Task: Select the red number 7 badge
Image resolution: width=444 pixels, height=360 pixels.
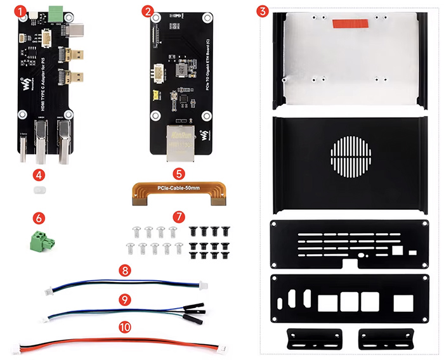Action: click(180, 217)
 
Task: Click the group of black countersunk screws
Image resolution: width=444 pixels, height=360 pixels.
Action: click(209, 243)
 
